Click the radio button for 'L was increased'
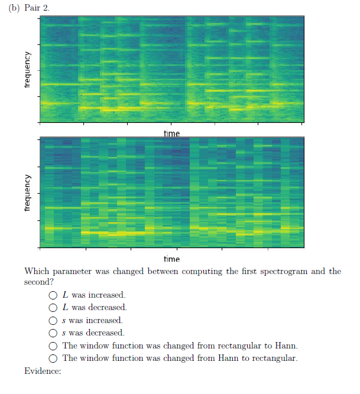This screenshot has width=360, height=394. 53,295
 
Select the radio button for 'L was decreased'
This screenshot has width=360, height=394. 53,308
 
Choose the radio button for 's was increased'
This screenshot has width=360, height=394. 53,321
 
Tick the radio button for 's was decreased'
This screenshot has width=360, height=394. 53,333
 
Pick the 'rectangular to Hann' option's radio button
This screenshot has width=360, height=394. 53,346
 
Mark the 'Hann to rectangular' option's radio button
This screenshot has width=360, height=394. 53,359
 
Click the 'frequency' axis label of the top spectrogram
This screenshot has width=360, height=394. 27,69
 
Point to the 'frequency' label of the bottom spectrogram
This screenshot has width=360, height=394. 27,193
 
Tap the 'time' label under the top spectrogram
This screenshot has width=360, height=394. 171,134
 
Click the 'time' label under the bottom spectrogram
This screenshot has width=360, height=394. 171,259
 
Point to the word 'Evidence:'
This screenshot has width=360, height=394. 43,371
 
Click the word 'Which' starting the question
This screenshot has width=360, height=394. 37,272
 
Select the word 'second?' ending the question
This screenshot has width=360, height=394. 39,282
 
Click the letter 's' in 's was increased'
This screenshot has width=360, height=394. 64,321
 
